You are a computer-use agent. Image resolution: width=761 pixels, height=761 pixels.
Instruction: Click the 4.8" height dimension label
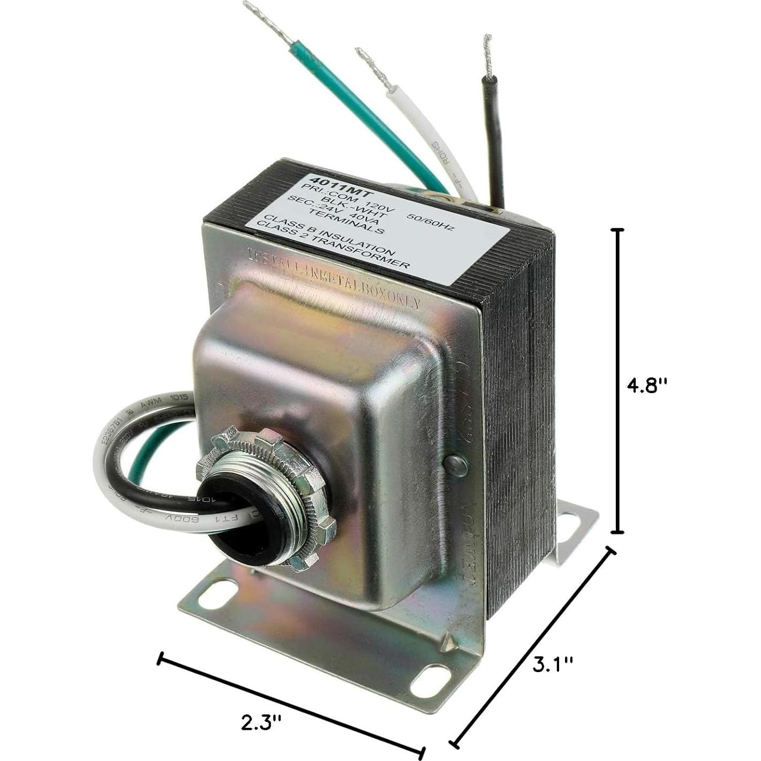point(647,385)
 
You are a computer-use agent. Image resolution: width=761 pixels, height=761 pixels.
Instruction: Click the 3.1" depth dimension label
point(552,665)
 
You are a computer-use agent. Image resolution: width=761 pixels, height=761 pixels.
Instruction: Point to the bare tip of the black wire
point(487,54)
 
